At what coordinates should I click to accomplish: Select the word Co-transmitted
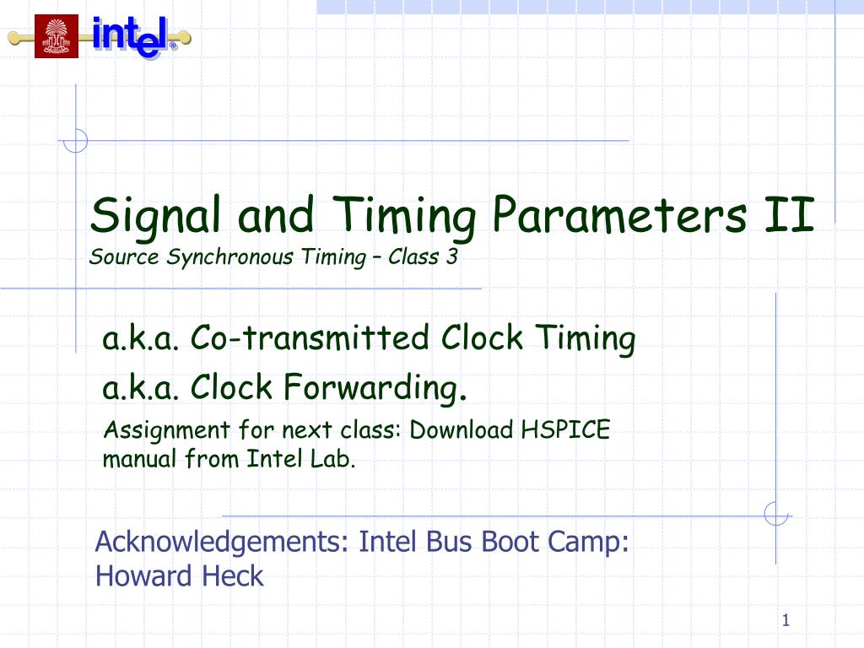point(312,338)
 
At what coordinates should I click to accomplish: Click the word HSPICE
point(564,430)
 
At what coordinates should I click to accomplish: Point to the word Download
point(462,430)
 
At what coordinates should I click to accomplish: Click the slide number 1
point(785,623)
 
